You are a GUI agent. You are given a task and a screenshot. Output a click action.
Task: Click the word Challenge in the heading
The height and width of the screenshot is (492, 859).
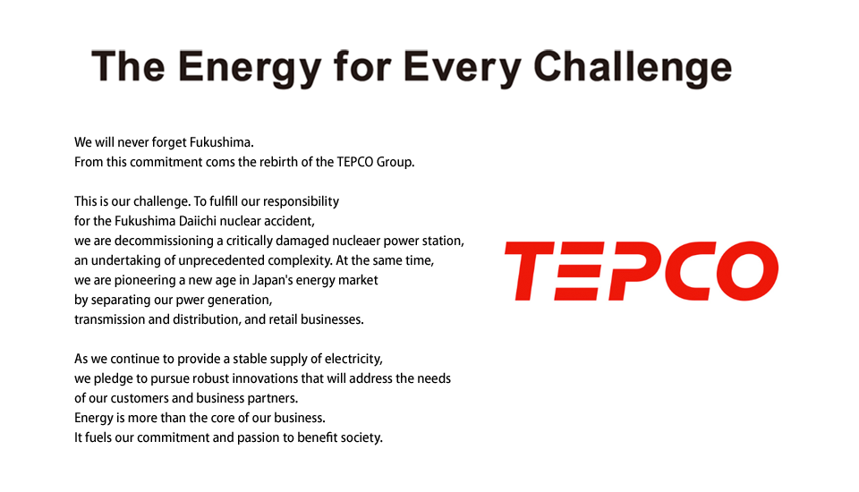(633, 68)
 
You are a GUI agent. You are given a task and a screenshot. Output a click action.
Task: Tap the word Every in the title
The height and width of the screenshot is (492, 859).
(462, 68)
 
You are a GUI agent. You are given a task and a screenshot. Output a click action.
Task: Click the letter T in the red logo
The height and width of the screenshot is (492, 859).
(529, 271)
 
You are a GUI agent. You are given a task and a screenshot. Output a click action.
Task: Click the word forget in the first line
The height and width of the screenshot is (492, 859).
(169, 142)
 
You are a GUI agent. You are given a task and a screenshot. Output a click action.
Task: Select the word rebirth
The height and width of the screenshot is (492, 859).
(276, 162)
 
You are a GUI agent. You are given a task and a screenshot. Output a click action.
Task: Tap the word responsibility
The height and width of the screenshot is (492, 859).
(301, 201)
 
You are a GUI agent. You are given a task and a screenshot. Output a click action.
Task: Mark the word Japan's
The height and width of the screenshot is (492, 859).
(270, 280)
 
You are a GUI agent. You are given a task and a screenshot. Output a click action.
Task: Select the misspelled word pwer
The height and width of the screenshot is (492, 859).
(187, 301)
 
